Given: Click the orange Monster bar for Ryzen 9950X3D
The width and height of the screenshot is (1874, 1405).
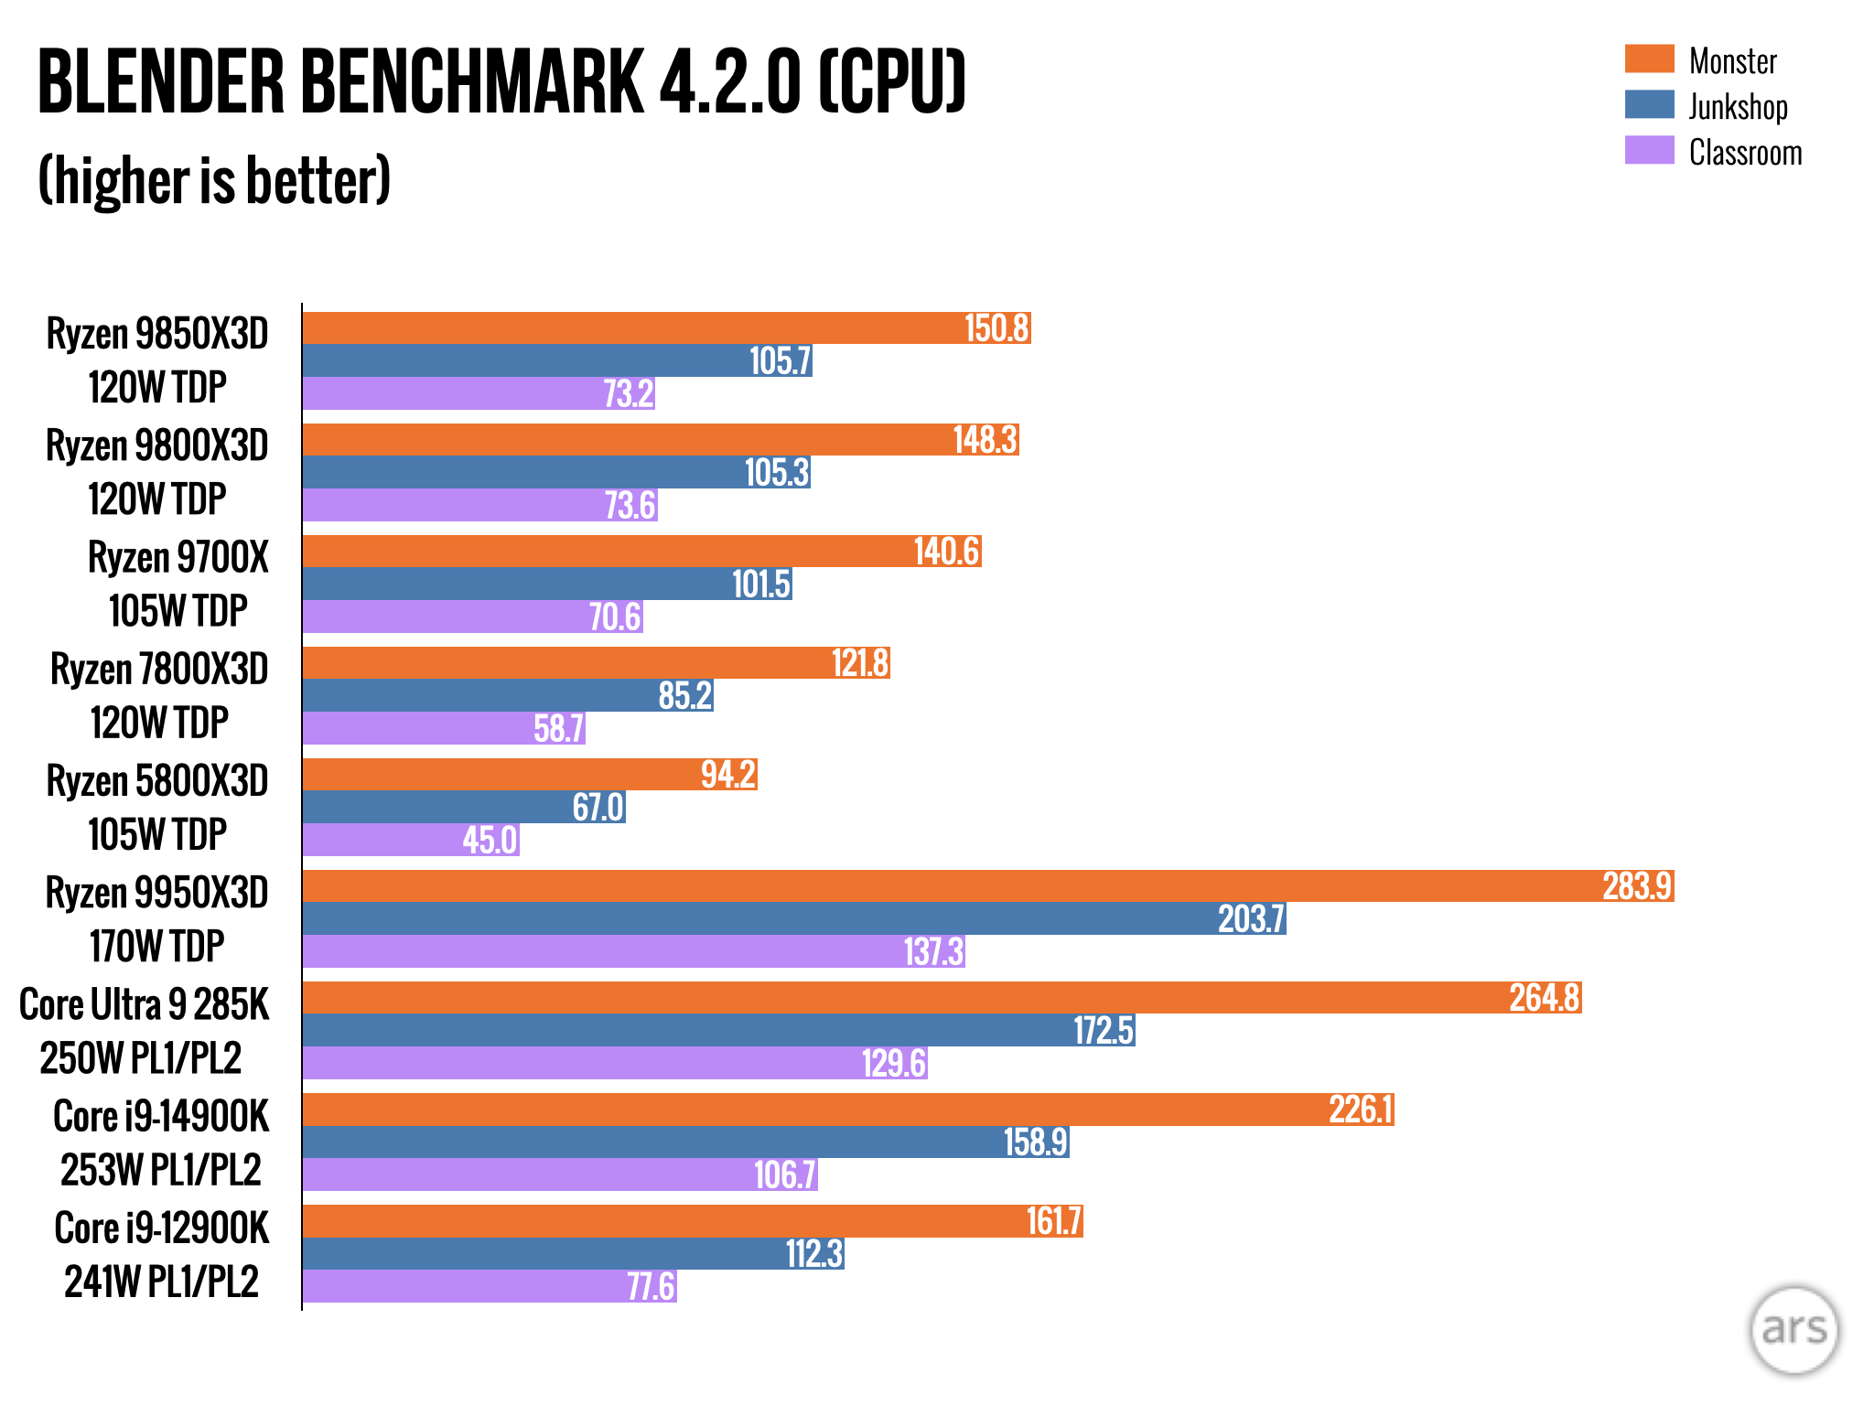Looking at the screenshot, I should (x=915, y=886).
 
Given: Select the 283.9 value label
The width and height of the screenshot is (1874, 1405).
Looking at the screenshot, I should (x=1637, y=886).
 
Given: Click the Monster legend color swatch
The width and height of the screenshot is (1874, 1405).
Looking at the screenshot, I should (x=1649, y=59).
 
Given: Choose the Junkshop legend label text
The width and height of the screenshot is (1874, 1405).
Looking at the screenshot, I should (x=1738, y=106).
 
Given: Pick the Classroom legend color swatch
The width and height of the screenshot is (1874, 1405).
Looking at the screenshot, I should (x=1649, y=150).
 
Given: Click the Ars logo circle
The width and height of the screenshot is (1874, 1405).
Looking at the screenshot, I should (x=1793, y=1330).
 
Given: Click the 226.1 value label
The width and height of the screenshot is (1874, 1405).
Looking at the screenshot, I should (x=1361, y=1110).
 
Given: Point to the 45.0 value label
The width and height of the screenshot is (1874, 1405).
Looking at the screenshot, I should (x=490, y=840).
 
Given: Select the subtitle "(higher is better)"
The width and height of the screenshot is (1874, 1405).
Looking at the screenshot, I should (x=214, y=181).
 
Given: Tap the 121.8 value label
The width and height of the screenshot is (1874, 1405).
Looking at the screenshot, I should (x=860, y=663).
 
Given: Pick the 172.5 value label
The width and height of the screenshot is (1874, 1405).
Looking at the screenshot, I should (x=1104, y=1030).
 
